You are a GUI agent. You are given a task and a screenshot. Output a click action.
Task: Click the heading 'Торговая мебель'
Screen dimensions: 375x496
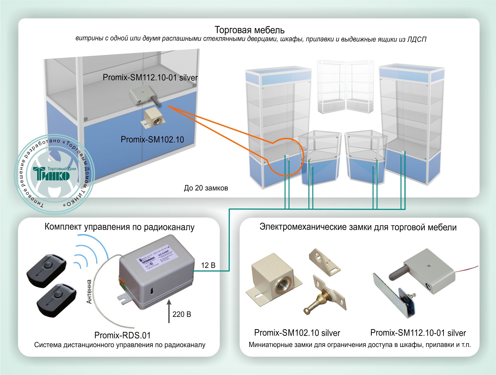coord(249,30)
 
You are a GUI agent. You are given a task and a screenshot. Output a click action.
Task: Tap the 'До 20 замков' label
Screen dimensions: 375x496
coord(206,188)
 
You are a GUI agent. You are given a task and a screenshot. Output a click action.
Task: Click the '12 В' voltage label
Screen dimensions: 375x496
coord(208,265)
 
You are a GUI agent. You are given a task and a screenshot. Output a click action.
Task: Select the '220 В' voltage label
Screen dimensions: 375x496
coord(182,314)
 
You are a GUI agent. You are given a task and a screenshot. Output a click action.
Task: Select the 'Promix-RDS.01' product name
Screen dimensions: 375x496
coord(122,335)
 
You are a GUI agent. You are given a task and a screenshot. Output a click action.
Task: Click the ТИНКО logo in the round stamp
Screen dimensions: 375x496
coord(51,173)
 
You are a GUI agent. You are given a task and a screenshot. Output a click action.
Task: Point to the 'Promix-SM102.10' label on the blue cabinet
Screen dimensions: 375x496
coord(152,139)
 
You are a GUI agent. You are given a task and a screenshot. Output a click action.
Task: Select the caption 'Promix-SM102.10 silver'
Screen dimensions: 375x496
coord(297,333)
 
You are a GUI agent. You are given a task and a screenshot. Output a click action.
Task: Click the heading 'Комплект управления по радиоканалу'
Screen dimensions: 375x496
coord(120,227)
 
